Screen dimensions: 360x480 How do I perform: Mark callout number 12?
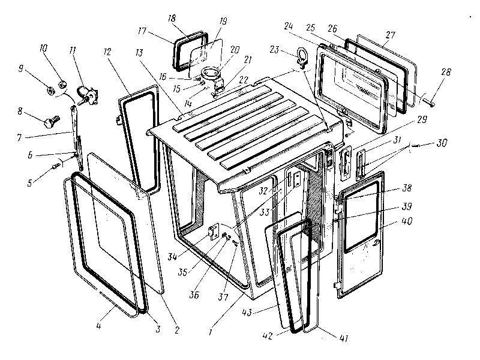[x=107, y=52]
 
